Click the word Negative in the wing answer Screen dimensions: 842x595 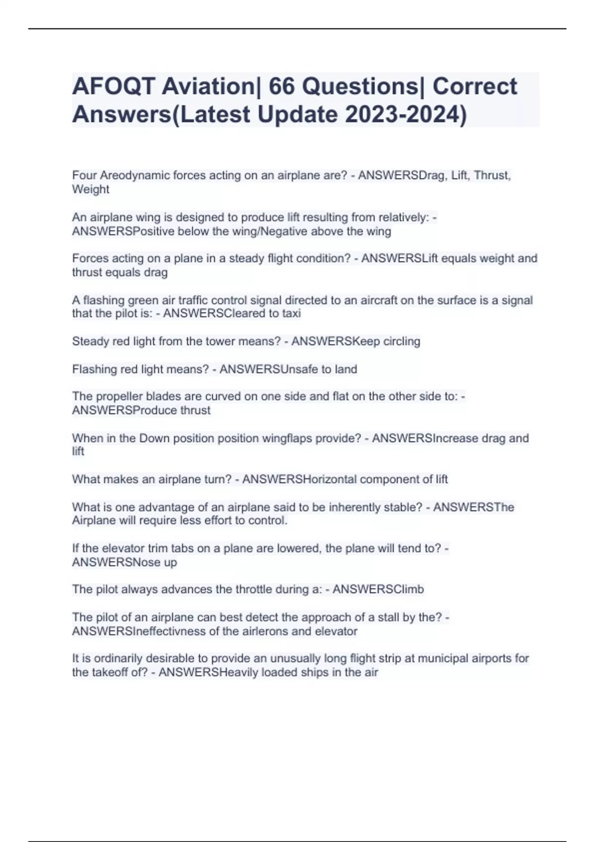click(286, 231)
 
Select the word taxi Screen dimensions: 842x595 click(290, 314)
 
